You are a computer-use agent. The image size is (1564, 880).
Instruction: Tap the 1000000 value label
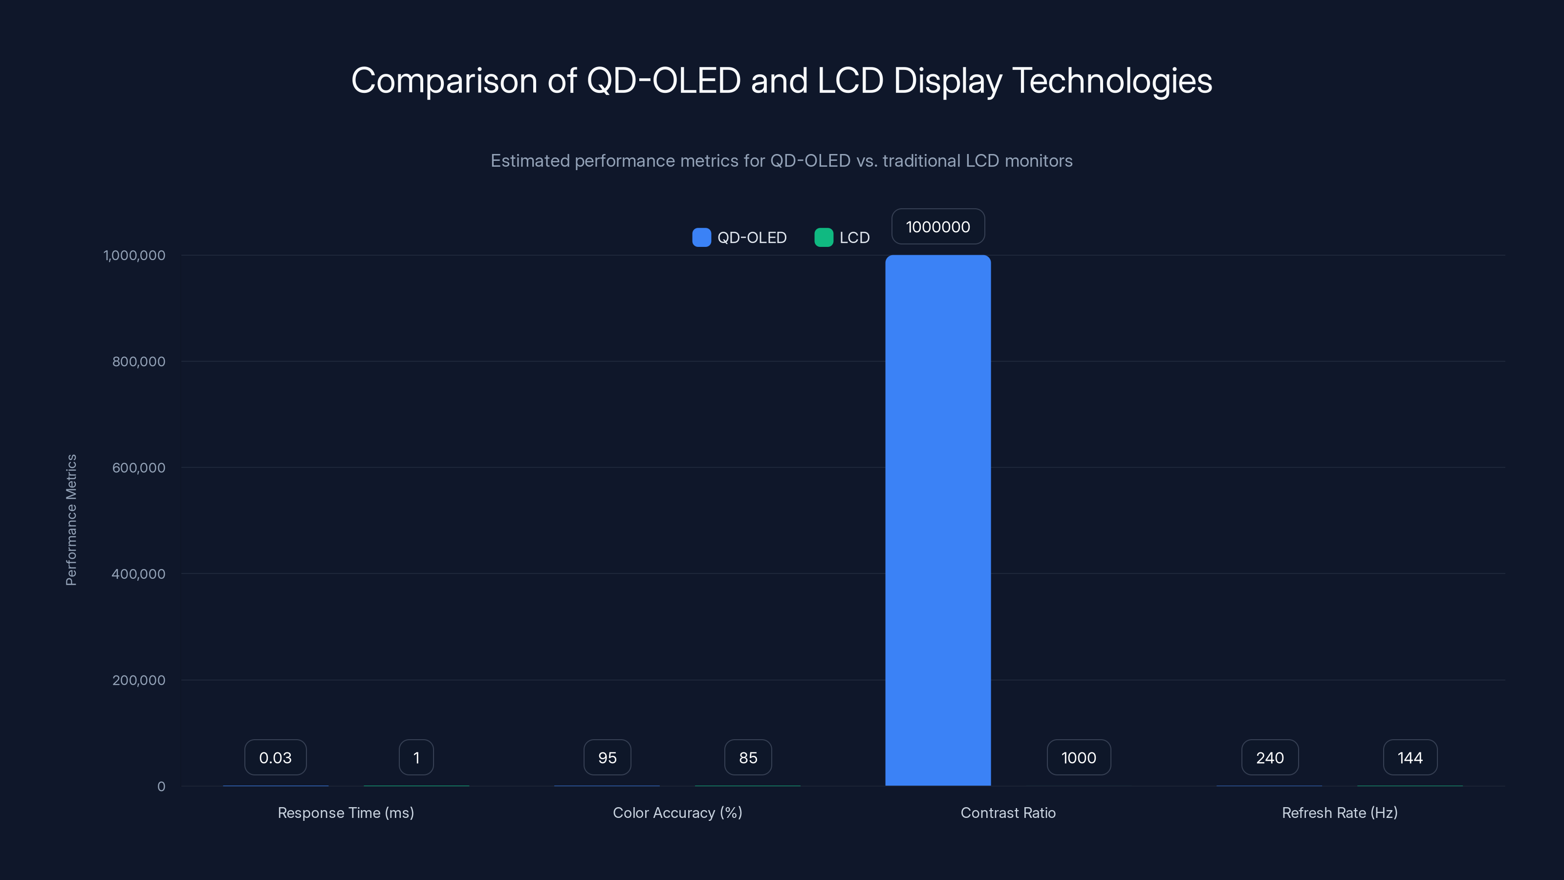[937, 226]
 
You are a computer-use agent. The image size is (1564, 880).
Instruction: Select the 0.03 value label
[275, 757]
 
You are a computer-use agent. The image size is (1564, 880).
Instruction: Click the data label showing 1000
[1078, 757]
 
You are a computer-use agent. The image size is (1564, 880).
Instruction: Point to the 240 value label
[1270, 757]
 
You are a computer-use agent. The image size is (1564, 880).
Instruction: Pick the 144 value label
[1410, 757]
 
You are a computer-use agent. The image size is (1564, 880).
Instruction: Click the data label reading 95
[607, 757]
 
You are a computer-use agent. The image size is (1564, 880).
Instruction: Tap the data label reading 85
[748, 757]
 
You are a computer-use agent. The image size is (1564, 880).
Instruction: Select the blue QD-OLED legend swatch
[701, 238]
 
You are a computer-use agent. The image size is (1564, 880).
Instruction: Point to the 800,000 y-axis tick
[138, 361]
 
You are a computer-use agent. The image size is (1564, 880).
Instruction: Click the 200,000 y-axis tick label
[138, 680]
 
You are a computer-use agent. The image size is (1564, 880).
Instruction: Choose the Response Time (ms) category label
[346, 813]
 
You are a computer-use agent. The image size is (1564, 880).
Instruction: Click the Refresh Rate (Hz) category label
[1339, 813]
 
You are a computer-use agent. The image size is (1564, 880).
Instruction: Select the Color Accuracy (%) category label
[677, 813]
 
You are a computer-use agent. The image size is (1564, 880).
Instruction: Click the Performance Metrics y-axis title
[71, 520]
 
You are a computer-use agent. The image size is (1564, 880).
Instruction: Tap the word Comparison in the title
[444, 81]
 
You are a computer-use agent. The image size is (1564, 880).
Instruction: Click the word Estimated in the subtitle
[529, 161]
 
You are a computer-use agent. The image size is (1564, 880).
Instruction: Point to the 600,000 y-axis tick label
[138, 468]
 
